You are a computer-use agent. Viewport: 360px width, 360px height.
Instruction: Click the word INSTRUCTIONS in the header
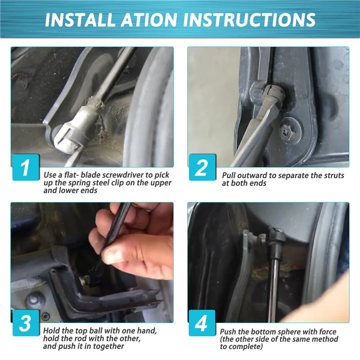pyautogui.click(x=249, y=20)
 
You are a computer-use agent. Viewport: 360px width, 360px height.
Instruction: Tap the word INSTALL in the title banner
pyautogui.click(x=80, y=20)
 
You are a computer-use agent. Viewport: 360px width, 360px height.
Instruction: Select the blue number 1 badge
pyautogui.click(x=26, y=167)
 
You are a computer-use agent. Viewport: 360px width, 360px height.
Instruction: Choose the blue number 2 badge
pyautogui.click(x=202, y=167)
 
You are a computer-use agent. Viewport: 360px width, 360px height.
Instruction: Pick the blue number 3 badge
pyautogui.click(x=26, y=323)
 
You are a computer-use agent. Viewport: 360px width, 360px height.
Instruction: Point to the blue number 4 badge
pyautogui.click(x=202, y=323)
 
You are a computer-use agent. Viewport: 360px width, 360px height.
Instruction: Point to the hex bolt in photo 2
pyautogui.click(x=287, y=132)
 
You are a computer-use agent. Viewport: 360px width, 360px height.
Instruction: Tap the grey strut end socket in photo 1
pyautogui.click(x=72, y=135)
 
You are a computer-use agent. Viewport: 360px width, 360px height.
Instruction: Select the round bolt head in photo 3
pyautogui.click(x=35, y=300)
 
